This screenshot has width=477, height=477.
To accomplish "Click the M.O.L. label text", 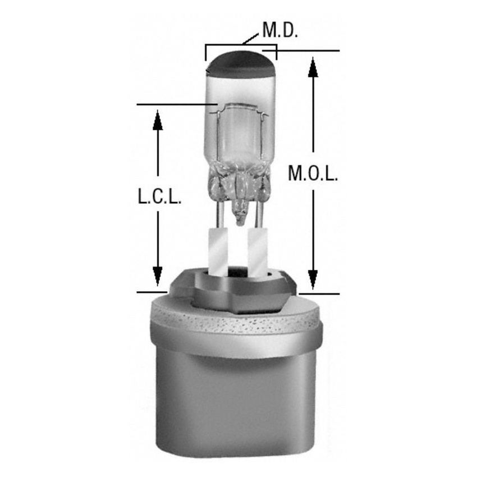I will point(313,174).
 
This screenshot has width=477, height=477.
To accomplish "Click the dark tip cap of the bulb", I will point(240,65).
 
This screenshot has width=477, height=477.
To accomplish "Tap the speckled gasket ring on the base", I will point(236,323).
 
